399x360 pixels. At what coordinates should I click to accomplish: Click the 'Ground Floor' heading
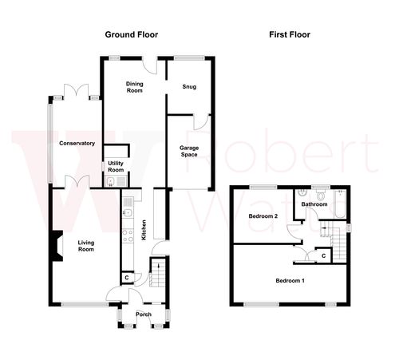[132, 35]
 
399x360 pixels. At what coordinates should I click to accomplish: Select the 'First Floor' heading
[289, 35]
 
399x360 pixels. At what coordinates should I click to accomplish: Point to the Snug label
[188, 86]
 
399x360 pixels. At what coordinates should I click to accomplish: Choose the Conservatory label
[77, 144]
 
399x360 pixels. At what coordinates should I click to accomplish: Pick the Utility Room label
[116, 167]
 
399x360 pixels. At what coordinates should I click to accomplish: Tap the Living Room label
[86, 247]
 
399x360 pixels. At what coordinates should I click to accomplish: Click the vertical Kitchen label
[144, 230]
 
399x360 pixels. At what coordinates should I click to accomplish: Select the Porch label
[144, 315]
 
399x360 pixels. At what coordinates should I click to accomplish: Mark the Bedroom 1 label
[290, 281]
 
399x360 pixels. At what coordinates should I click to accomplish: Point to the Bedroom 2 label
[263, 216]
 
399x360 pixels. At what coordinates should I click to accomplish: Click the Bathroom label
[314, 204]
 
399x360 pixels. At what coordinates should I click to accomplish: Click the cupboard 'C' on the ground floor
[127, 277]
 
